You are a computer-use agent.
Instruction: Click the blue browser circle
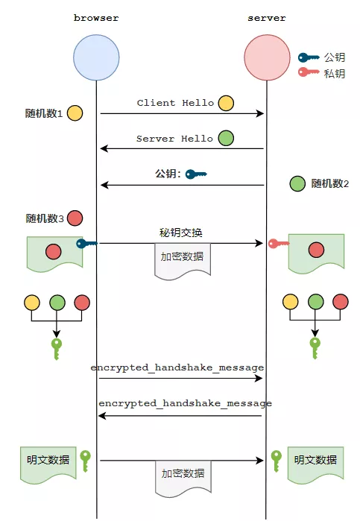click(96, 57)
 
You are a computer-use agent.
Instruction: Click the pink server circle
click(267, 57)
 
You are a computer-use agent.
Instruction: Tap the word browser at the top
click(96, 18)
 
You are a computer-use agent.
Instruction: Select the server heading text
click(267, 18)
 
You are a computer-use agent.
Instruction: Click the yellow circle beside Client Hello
click(226, 103)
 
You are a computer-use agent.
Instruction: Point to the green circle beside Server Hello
click(226, 138)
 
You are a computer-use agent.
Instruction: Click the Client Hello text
click(175, 103)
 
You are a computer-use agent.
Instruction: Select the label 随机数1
click(44, 113)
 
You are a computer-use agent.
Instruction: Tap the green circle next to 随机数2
click(297, 183)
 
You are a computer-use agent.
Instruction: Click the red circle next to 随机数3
click(75, 218)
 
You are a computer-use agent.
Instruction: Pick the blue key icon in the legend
click(308, 58)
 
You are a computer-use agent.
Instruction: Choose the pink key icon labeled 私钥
click(308, 72)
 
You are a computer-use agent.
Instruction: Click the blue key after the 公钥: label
click(196, 174)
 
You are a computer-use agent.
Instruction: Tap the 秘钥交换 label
click(181, 233)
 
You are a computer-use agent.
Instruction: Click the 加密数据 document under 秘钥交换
click(183, 261)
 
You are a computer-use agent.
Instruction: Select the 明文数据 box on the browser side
click(48, 464)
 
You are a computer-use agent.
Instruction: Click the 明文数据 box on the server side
click(315, 464)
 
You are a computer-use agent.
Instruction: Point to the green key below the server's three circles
click(315, 348)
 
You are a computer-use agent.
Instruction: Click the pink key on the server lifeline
click(278, 244)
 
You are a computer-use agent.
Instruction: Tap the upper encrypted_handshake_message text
click(177, 367)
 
